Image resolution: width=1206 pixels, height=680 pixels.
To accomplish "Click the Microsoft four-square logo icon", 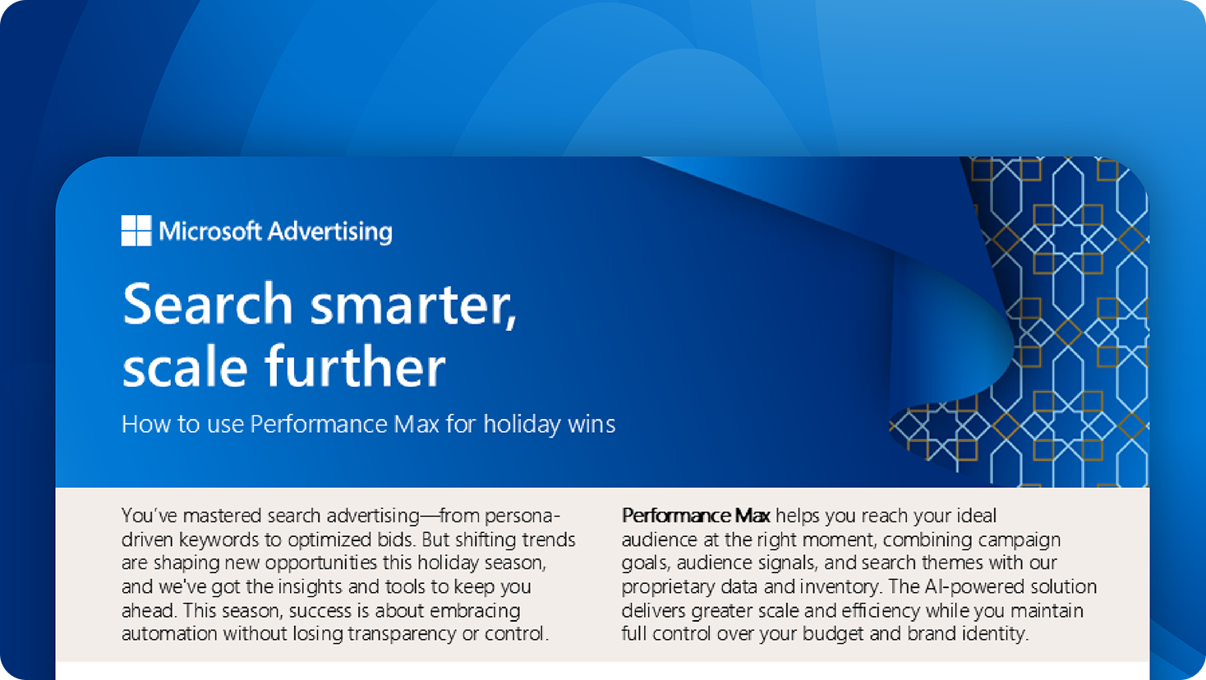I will coord(136,231).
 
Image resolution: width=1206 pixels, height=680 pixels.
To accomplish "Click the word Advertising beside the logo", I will coord(329,232).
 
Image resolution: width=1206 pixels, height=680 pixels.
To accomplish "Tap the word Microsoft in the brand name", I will coord(210,232).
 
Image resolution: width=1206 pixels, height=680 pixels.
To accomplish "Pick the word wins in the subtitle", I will coord(591,425).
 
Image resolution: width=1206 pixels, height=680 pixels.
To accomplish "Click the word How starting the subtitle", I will coord(142,425).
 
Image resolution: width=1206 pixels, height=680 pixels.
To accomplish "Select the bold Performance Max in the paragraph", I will coord(695,516).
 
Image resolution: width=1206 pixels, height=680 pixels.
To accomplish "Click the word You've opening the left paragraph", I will coord(149,516).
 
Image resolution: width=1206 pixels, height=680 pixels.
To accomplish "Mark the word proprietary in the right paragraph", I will coord(666,587).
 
